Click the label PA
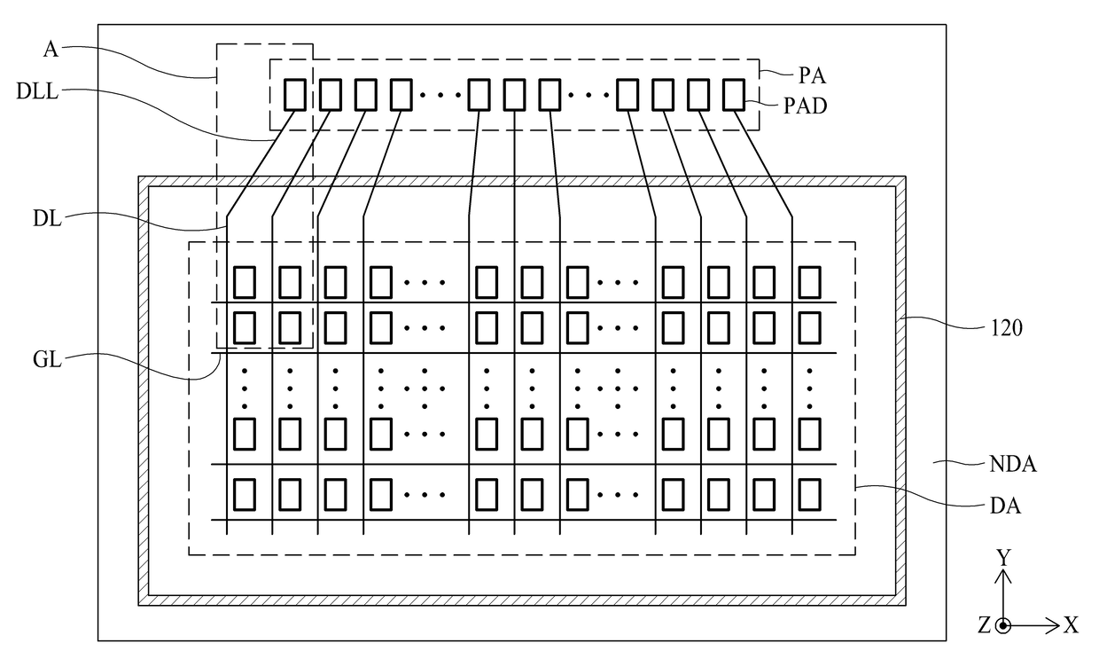click(813, 75)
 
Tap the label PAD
click(805, 106)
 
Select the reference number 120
click(1007, 328)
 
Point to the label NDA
click(1013, 464)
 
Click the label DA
click(1005, 506)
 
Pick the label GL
click(47, 360)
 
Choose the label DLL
click(37, 91)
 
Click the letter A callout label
click(51, 49)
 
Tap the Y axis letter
click(1004, 559)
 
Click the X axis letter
click(1072, 625)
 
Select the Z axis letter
click(984, 625)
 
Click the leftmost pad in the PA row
click(295, 95)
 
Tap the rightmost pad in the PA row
click(734, 95)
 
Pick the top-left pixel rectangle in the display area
click(245, 282)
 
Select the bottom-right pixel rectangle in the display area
click(809, 495)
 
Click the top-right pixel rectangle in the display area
click(809, 282)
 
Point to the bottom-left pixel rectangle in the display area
click(245, 495)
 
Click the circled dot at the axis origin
click(1004, 625)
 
